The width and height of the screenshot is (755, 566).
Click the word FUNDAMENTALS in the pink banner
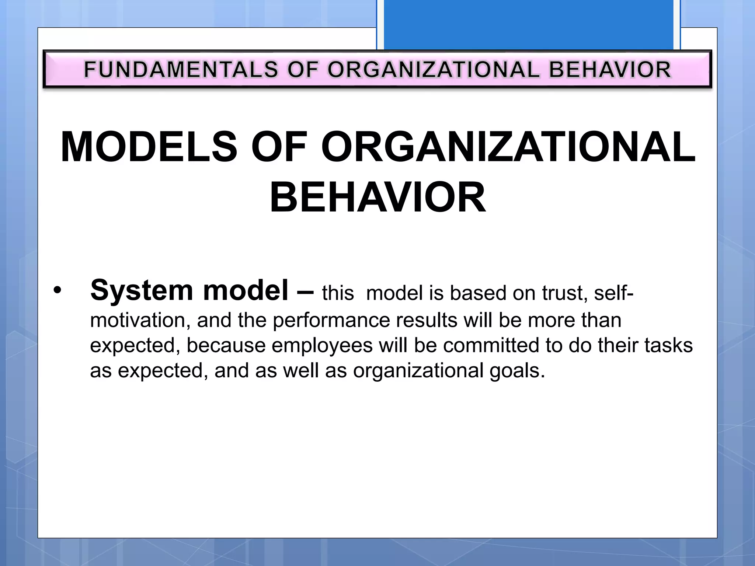coord(181,70)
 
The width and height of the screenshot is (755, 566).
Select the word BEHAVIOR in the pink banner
coord(610,70)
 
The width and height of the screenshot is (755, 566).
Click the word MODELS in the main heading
coord(149,147)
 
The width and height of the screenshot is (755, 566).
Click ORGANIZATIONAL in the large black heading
coord(508,147)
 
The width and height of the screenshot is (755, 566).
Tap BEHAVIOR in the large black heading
coord(377,198)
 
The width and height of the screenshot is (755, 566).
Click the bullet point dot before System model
coord(57,291)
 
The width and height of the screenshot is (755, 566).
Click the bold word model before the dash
coord(246,290)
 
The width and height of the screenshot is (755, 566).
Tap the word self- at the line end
coord(613,293)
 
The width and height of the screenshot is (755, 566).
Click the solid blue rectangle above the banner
coord(528,24)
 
